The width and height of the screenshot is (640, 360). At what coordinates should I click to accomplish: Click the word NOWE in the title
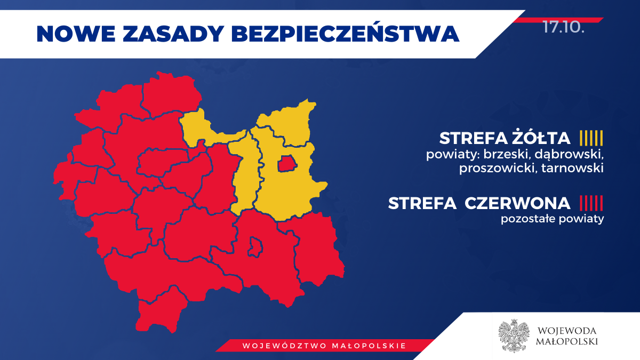tap(76, 34)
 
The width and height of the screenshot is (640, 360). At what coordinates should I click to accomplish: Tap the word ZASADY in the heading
tap(173, 34)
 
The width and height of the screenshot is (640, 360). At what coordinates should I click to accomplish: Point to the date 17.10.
tap(563, 27)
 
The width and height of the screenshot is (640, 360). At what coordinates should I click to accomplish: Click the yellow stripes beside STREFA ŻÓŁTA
tap(591, 138)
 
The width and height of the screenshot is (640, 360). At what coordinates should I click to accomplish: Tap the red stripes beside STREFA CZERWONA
tap(591, 203)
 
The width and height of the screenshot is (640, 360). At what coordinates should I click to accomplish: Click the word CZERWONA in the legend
tap(517, 203)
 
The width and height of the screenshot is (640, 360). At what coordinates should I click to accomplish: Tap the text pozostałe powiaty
tap(553, 219)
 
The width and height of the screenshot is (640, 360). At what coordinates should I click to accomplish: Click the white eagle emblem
tap(514, 335)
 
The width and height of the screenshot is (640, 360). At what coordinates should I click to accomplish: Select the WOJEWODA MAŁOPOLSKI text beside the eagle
tap(567, 336)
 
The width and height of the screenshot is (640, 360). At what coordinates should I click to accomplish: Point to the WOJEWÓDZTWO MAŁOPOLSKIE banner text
tap(324, 346)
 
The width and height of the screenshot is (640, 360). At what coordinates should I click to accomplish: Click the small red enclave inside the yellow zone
tap(287, 164)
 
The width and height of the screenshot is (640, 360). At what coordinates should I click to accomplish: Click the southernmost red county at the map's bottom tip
tap(160, 311)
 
